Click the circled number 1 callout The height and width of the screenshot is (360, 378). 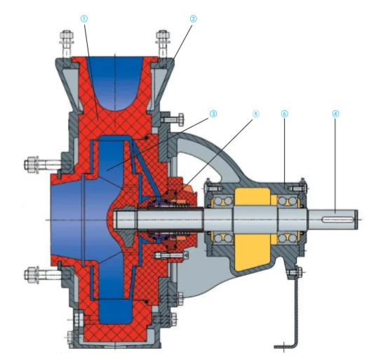point(84,19)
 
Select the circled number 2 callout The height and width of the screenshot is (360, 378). point(193,19)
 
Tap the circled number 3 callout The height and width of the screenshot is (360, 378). point(213,114)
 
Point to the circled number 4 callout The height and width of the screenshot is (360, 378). point(335,114)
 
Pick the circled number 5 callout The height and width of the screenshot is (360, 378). point(255,114)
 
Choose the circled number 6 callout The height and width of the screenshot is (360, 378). point(285,114)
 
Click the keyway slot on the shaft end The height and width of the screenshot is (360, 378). point(338,220)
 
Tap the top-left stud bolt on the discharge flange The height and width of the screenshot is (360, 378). point(67,45)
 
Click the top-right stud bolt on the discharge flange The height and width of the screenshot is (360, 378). point(163,45)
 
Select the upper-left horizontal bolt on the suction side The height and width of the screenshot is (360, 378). point(43,165)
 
